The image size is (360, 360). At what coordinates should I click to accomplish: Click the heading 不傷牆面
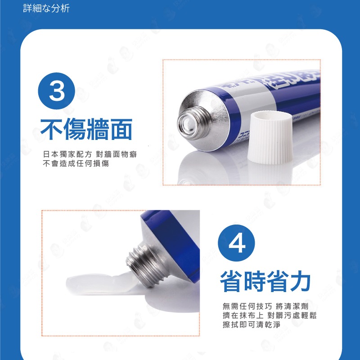[86, 129]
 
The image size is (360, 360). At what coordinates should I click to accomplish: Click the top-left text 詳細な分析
[46, 9]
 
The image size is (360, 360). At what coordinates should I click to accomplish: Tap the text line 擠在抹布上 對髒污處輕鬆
[270, 315]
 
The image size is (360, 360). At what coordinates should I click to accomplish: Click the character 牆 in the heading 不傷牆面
[98, 129]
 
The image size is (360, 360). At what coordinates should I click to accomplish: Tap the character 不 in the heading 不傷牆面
[52, 129]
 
